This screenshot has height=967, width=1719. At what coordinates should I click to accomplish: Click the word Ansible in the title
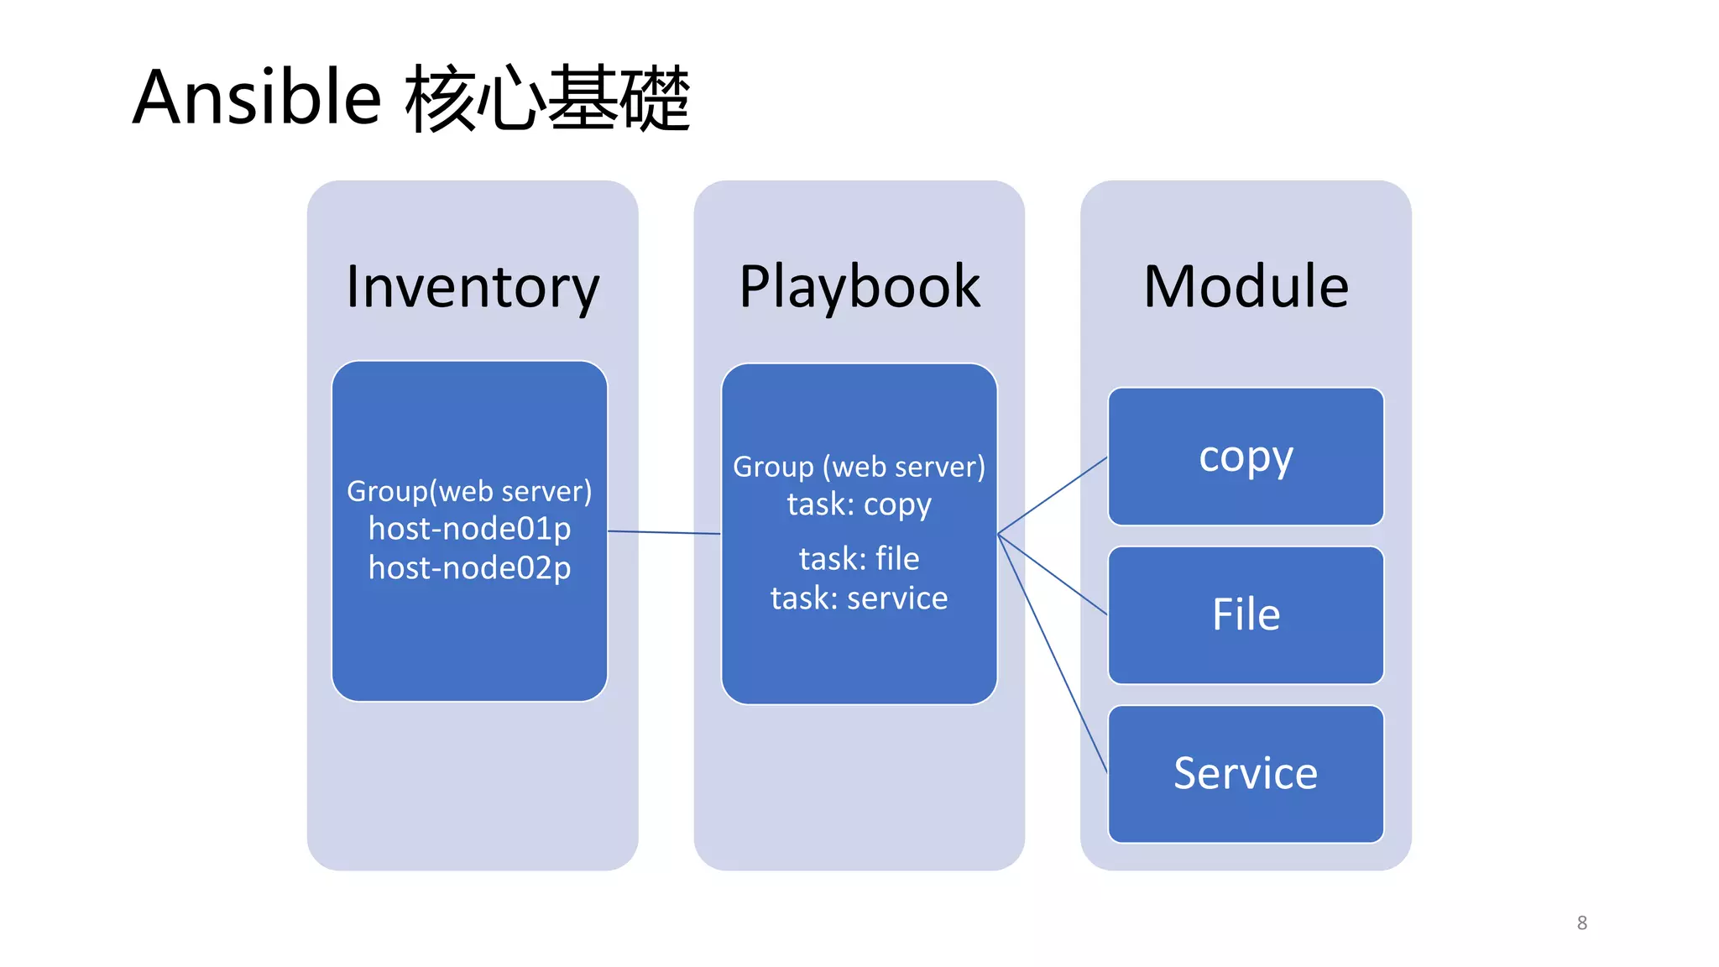click(257, 97)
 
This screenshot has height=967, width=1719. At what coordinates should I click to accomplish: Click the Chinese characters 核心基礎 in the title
click(547, 99)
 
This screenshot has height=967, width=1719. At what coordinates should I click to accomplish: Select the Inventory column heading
click(473, 286)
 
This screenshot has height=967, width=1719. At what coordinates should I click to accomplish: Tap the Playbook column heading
click(859, 286)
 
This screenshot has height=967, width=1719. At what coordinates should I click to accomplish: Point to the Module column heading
click(1246, 286)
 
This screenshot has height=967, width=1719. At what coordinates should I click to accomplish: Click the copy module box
click(1246, 457)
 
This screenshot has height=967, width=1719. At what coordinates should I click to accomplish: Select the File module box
click(1246, 614)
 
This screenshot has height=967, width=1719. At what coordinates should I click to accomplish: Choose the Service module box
click(1246, 773)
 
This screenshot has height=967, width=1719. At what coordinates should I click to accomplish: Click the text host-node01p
click(469, 529)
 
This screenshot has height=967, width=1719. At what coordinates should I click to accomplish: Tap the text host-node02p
click(469, 568)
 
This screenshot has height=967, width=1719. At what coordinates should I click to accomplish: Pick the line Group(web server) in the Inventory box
click(469, 491)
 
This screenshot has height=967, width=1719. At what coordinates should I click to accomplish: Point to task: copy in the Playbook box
click(859, 504)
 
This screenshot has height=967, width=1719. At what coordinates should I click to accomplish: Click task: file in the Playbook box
click(859, 559)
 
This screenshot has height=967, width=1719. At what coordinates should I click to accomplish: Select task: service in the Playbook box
click(859, 598)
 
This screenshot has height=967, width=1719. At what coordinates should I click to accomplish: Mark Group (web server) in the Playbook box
click(859, 467)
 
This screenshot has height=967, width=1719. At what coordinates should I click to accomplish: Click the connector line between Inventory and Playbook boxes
click(663, 532)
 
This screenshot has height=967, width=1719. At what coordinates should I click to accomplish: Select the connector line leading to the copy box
click(1053, 495)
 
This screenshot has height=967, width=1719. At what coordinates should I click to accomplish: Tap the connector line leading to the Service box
click(1053, 653)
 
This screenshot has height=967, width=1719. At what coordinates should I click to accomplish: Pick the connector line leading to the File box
click(1053, 574)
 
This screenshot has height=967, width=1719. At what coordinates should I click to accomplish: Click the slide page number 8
click(1581, 923)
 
